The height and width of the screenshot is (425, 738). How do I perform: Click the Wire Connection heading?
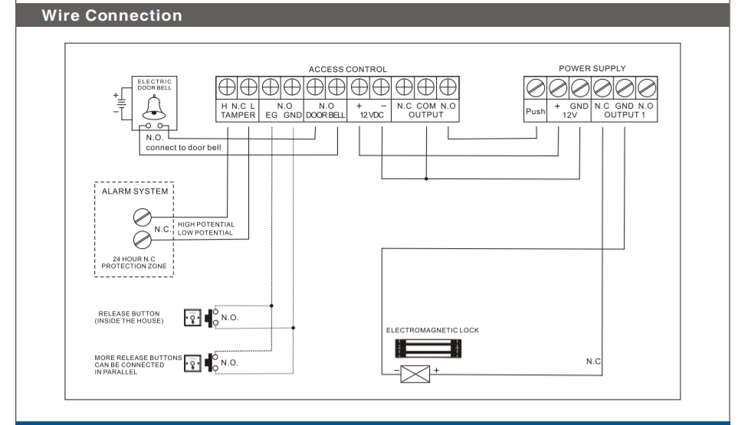pos(112,15)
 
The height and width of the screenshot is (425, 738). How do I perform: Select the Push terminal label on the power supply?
pos(536,111)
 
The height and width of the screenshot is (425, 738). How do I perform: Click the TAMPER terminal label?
pos(238,115)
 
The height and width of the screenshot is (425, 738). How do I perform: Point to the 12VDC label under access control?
pos(371,115)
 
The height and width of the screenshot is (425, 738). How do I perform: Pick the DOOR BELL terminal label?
pos(326,115)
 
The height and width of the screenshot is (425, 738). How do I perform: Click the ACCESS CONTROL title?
pos(348,70)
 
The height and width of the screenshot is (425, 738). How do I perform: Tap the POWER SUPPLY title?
pos(592,69)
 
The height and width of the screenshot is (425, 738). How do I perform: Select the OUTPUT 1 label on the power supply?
pos(625,115)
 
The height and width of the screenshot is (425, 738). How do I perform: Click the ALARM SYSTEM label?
pos(135,191)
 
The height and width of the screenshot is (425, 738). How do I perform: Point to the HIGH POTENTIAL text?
pos(206,225)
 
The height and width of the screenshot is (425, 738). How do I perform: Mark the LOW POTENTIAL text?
pos(205,233)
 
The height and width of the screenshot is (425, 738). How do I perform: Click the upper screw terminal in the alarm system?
pos(141,217)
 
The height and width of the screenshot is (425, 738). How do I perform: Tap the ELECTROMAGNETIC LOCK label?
pos(432,330)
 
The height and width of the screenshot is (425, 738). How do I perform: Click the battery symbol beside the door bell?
pos(118,104)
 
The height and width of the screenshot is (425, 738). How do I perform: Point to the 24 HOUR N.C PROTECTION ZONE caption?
pos(134,263)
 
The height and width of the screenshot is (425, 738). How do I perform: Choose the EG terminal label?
pos(271,115)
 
